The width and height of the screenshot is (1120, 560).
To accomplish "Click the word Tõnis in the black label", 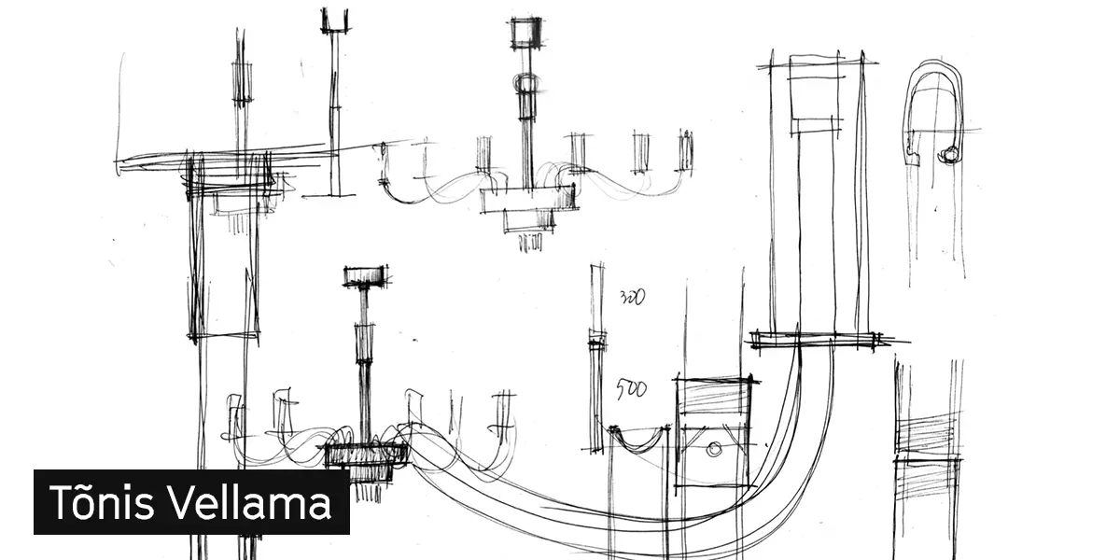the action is click(x=102, y=501).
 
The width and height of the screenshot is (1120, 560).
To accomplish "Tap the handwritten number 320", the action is click(x=633, y=297).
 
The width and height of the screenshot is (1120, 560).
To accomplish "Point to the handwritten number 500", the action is click(x=631, y=389).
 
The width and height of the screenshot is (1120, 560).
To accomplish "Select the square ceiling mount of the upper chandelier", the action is click(x=526, y=33).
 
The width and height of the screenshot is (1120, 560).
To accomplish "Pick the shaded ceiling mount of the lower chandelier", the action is click(x=366, y=276).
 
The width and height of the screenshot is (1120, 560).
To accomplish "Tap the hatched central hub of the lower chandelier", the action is click(x=367, y=455).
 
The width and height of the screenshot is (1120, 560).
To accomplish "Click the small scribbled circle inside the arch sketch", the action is click(x=948, y=155).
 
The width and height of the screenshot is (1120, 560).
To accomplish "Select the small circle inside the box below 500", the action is click(x=714, y=449).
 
